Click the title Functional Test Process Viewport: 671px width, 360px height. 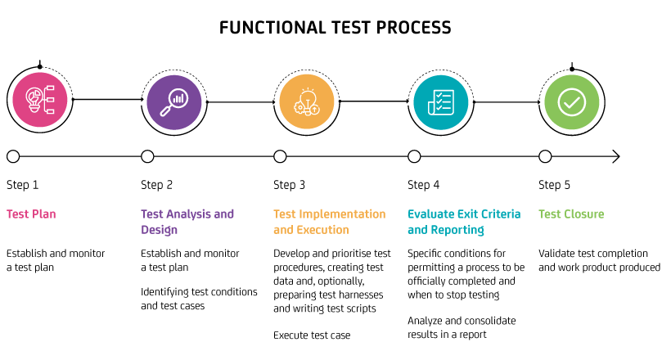335,28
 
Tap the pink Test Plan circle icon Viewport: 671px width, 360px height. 39,100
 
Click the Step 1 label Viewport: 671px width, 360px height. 22,185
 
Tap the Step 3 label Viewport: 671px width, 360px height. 290,185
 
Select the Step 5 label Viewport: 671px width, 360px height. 555,185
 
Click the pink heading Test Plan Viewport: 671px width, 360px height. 32,214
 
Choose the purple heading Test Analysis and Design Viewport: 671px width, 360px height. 187,222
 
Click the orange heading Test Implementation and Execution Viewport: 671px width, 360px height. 329,222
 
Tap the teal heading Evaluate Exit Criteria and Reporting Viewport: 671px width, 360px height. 463,222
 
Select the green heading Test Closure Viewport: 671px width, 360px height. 571,214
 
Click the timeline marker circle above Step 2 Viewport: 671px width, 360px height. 147,156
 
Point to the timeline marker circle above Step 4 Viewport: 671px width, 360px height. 414,156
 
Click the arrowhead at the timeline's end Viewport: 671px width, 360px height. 615,156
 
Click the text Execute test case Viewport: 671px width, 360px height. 312,335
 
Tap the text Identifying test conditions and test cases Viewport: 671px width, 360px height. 199,299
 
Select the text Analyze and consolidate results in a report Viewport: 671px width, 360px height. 462,327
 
